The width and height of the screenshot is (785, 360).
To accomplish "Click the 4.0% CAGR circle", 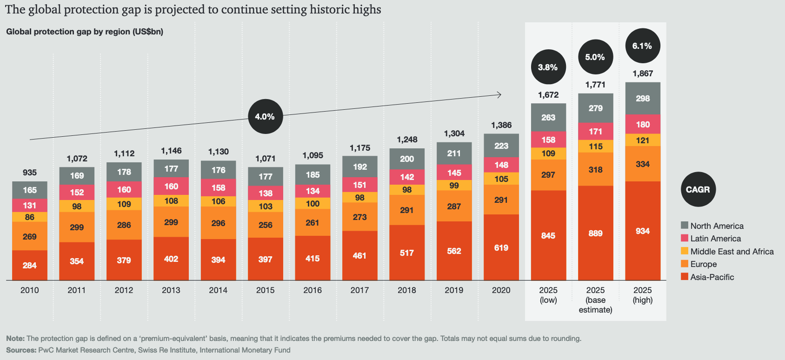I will [x=265, y=117].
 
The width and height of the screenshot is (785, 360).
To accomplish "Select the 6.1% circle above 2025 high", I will [x=642, y=46].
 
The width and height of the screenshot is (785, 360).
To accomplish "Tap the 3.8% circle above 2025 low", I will [x=548, y=67].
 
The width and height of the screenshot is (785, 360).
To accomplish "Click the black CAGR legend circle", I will [x=698, y=189].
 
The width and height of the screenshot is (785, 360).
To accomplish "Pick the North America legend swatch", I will [x=685, y=226].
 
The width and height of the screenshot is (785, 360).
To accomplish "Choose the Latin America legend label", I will [x=715, y=239].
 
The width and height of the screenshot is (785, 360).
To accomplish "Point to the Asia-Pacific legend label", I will [x=712, y=277].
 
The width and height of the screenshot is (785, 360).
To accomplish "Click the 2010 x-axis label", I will [x=30, y=290].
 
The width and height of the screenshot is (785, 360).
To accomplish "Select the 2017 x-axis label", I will [x=359, y=290].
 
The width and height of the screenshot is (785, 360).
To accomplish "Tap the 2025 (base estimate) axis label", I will [x=595, y=300].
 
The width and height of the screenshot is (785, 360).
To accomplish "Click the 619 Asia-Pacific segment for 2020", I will [x=501, y=247].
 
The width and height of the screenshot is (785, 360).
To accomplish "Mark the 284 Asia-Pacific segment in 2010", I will [x=30, y=265].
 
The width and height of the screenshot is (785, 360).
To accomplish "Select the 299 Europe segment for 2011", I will [x=77, y=227].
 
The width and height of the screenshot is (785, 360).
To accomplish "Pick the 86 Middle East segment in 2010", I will [x=30, y=217].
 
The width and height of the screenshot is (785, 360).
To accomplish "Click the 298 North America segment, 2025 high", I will [x=643, y=98].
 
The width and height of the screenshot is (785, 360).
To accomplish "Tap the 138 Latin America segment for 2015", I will [x=266, y=193].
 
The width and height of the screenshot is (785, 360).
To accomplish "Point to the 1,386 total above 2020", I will [x=501, y=125].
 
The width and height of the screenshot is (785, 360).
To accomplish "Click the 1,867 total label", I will [x=643, y=73].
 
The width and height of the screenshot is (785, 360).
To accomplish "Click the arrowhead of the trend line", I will [x=499, y=95].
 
